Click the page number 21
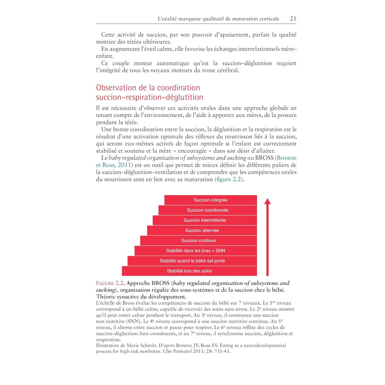click(x=293, y=19)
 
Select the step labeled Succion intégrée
click(x=210, y=200)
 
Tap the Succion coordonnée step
click(x=208, y=210)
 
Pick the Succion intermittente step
click(x=205, y=220)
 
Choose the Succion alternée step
click(x=202, y=230)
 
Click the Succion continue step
click(x=198, y=240)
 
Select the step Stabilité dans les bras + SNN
click(x=196, y=251)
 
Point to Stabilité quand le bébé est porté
click(x=192, y=261)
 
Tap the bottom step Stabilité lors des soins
click(x=189, y=271)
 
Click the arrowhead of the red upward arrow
click(x=268, y=201)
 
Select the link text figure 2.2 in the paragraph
click(x=229, y=179)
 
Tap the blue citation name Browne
click(x=287, y=158)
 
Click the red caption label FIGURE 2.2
click(x=110, y=283)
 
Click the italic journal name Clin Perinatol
click(x=177, y=351)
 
